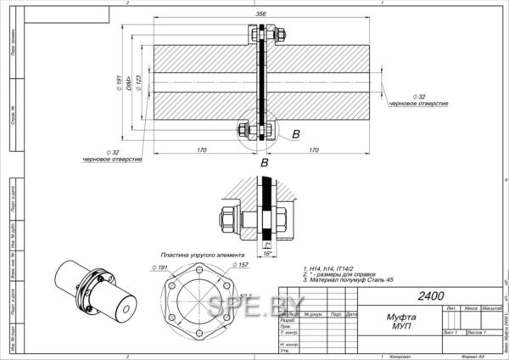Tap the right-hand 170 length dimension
[314, 150]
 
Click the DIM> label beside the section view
[127, 83]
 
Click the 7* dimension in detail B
[267, 245]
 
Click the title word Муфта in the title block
[378, 315]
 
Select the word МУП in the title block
[378, 324]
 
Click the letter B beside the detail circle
[295, 134]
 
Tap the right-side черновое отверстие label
[418, 103]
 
